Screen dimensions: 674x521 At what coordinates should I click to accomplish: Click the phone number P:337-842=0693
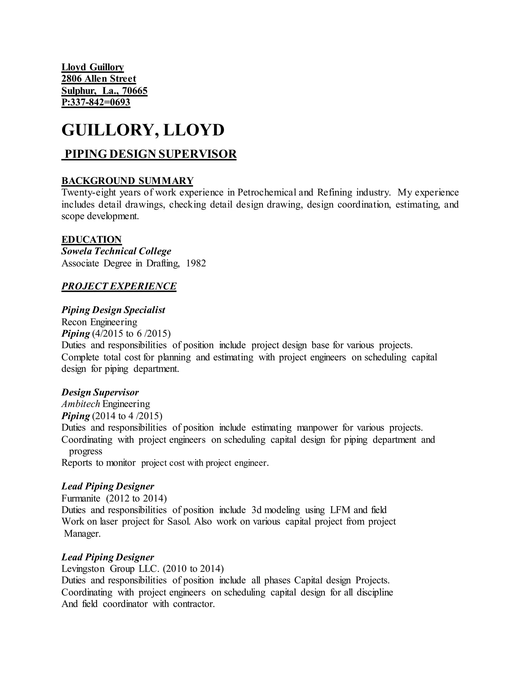(96, 102)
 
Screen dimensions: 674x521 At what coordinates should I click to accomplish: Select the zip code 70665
(135, 91)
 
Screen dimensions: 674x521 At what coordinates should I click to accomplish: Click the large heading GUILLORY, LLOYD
(143, 130)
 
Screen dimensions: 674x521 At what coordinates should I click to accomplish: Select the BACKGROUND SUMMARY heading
(127, 181)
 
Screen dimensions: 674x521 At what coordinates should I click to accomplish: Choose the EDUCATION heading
(91, 240)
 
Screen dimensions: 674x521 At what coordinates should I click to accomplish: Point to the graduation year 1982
(196, 263)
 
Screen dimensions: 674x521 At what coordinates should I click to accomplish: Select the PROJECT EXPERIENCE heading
(119, 286)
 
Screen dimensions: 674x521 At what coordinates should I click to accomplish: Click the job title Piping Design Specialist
(113, 310)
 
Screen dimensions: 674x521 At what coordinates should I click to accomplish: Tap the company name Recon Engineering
(99, 322)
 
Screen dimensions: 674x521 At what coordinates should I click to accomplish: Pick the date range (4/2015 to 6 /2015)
(131, 334)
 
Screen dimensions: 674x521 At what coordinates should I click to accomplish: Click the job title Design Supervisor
(100, 392)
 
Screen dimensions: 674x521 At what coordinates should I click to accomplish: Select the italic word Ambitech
(81, 404)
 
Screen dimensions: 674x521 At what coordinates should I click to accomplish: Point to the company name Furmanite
(81, 499)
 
